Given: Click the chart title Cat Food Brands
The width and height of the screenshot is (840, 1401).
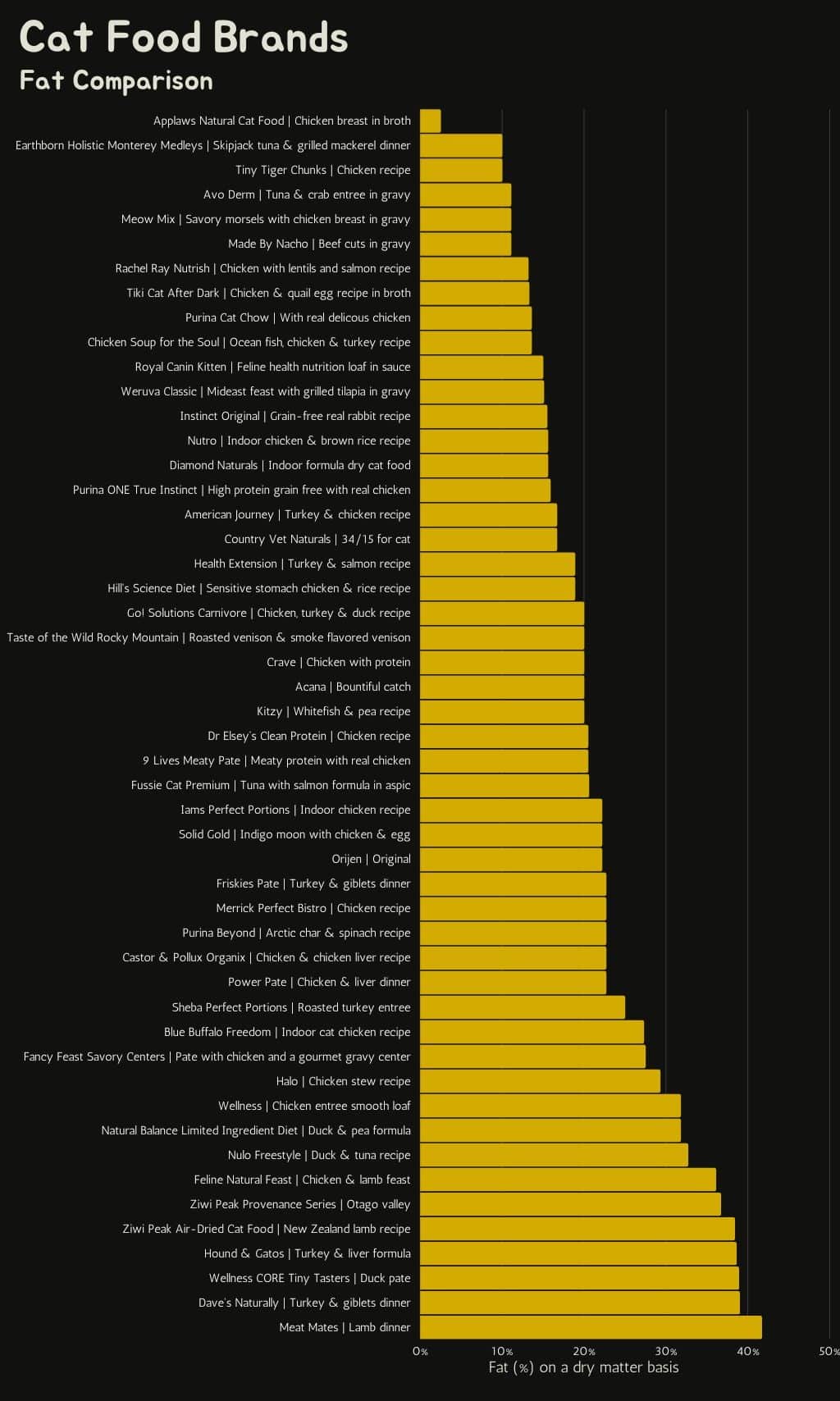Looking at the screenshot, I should (x=184, y=38).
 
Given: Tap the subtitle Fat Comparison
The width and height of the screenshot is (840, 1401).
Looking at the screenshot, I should (x=116, y=80).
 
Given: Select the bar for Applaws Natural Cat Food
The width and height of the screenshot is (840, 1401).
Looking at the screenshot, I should (x=430, y=121).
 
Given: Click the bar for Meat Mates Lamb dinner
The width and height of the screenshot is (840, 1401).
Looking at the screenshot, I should (x=591, y=1327).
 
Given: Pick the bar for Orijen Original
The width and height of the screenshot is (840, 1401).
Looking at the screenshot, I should (x=511, y=859).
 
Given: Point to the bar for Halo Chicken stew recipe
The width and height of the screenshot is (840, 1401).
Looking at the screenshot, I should (x=540, y=1081).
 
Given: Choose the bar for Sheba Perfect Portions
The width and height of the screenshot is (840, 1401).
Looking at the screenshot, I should (x=523, y=1007).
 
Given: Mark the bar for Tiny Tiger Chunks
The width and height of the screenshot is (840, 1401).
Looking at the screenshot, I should (x=461, y=170).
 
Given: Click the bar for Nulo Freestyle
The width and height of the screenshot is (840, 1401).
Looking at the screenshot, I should (x=554, y=1155).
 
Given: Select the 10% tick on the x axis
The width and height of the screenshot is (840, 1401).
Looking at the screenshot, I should (x=502, y=1351).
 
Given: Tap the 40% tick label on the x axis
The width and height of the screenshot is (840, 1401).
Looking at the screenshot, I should (x=748, y=1351).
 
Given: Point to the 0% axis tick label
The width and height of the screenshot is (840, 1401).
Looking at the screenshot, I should (x=420, y=1351).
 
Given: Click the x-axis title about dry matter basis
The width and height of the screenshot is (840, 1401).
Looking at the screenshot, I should (x=583, y=1367).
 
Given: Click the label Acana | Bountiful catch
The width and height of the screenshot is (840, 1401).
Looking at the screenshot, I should (x=353, y=687).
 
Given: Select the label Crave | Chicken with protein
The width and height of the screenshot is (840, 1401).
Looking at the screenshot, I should (x=338, y=662).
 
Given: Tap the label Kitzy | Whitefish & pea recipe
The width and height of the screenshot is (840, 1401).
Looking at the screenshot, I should (x=333, y=711).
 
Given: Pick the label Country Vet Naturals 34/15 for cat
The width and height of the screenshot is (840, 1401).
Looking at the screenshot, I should (x=317, y=539).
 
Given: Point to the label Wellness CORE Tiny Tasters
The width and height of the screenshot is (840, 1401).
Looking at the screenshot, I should (x=309, y=1278).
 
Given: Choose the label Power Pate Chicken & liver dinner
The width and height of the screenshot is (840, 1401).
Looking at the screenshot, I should (x=319, y=982).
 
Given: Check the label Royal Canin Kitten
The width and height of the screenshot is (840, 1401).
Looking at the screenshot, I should (x=272, y=367).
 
